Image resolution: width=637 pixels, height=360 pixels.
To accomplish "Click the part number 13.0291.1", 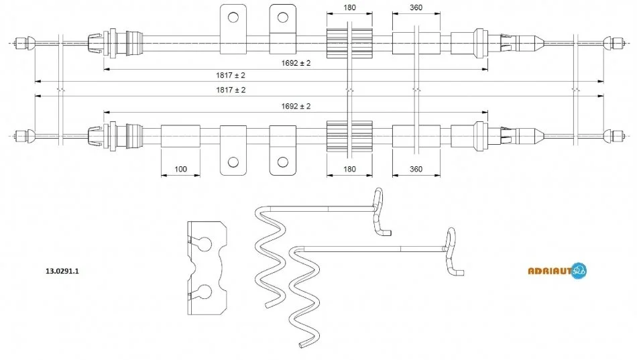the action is pyautogui.click(x=62, y=271).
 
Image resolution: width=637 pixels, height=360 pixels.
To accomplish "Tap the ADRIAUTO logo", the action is pyautogui.click(x=557, y=270).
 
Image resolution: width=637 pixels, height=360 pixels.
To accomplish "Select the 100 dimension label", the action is pyautogui.click(x=180, y=169).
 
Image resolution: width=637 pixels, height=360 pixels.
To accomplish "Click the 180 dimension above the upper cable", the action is pyautogui.click(x=349, y=7).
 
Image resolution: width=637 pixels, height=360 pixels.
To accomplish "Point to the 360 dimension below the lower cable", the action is pyautogui.click(x=416, y=169).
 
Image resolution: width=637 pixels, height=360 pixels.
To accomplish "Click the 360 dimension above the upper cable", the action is pyautogui.click(x=416, y=7).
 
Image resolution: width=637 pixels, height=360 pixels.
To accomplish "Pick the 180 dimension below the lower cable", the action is pyautogui.click(x=349, y=169).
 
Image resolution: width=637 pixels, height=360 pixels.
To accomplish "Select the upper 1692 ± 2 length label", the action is pyautogui.click(x=296, y=63).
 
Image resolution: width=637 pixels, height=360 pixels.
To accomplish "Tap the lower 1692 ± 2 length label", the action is pyautogui.click(x=296, y=106).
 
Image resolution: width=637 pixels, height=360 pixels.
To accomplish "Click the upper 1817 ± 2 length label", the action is pyautogui.click(x=231, y=75).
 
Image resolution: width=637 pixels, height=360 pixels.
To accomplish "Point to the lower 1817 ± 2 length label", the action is pyautogui.click(x=231, y=90).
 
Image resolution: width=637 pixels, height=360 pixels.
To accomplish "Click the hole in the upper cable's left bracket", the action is pyautogui.click(x=233, y=17).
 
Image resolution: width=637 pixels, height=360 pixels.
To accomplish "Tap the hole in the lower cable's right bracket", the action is pyautogui.click(x=283, y=162).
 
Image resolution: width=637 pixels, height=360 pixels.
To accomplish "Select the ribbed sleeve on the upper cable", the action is pyautogui.click(x=349, y=43).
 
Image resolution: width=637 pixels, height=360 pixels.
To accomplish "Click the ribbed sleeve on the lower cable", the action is pyautogui.click(x=349, y=136).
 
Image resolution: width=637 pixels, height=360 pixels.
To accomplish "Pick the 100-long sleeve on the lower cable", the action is pyautogui.click(x=180, y=136).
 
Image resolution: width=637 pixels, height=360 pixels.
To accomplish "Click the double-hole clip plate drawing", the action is pyautogui.click(x=207, y=268).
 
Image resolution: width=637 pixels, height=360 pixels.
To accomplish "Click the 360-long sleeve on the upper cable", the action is pyautogui.click(x=416, y=43).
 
